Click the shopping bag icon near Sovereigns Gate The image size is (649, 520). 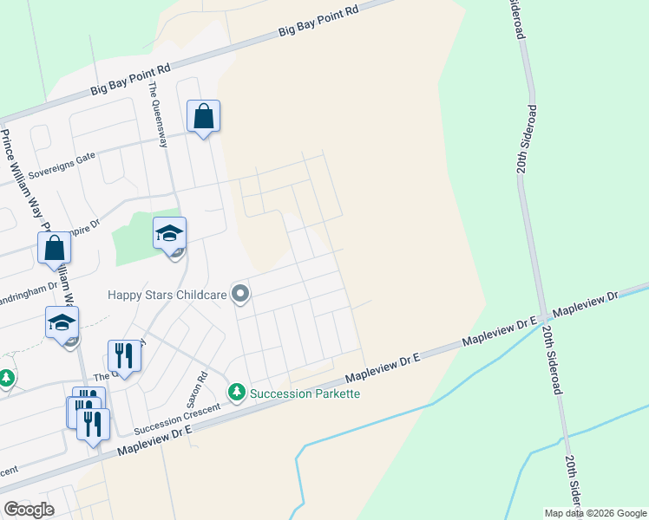tap(203, 116)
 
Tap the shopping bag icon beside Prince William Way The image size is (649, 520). tap(54, 248)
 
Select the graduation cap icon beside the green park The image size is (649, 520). tap(169, 233)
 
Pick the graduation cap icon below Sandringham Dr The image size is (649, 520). tap(62, 322)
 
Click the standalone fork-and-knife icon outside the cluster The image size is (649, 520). tap(124, 356)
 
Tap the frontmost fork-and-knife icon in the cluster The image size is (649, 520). tap(94, 425)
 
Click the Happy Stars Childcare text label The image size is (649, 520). tap(167, 295)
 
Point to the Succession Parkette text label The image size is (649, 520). tap(305, 393)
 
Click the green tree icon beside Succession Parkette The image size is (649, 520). tap(236, 393)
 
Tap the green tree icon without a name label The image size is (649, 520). tap(6, 379)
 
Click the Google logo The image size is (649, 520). tap(29, 510)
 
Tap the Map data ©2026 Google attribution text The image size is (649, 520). tap(595, 513)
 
